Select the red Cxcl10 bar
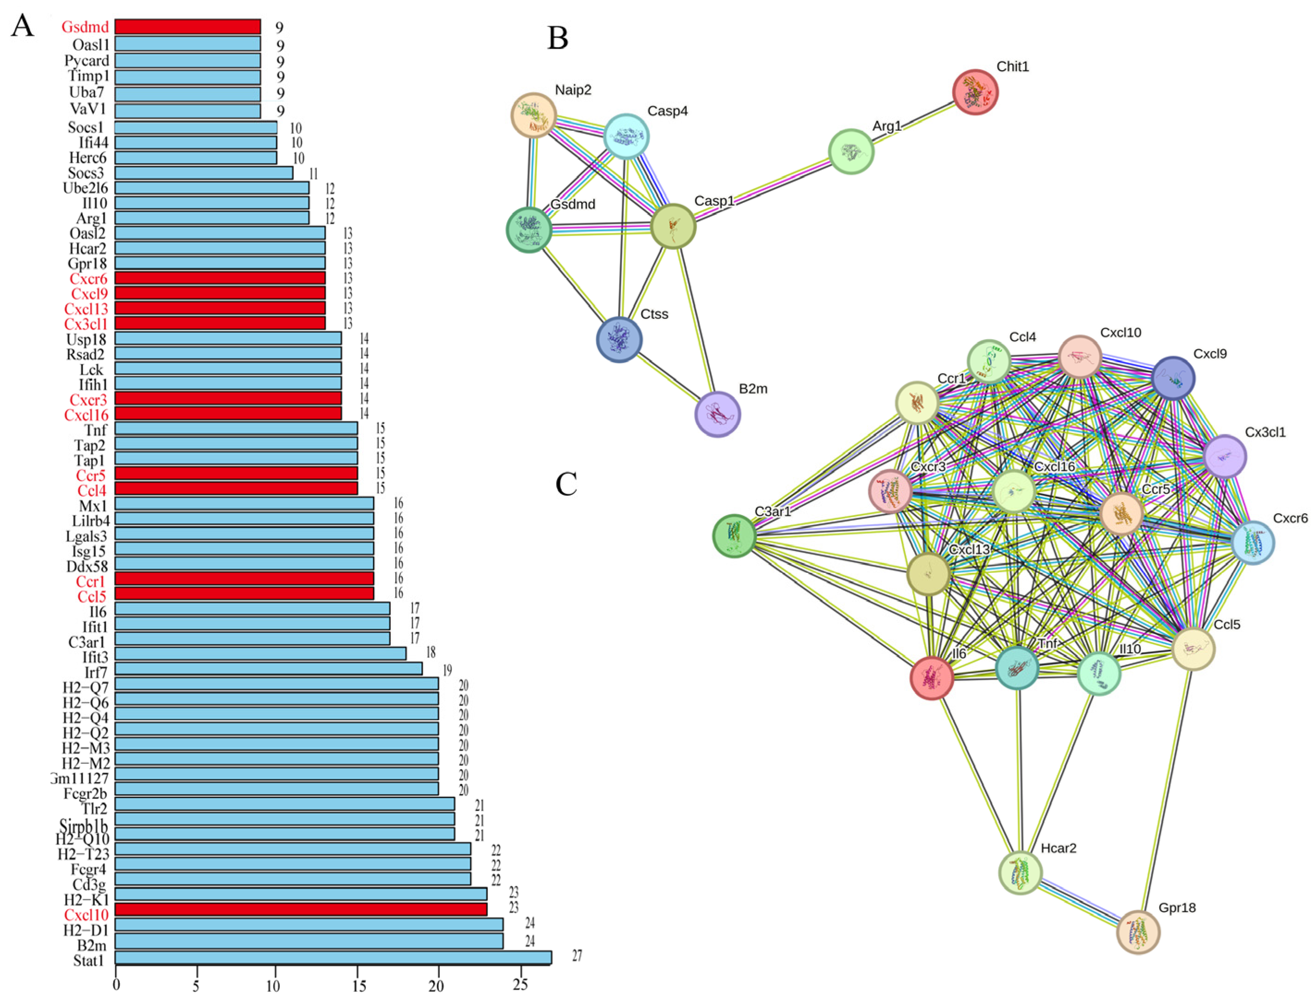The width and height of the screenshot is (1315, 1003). pyautogui.click(x=300, y=909)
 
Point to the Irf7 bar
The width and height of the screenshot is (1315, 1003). pyautogui.click(x=268, y=669)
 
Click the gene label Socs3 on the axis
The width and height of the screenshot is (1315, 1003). pyautogui.click(x=86, y=173)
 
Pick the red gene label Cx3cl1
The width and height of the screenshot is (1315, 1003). pyautogui.click(x=86, y=323)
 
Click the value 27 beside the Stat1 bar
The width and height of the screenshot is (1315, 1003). pyautogui.click(x=577, y=956)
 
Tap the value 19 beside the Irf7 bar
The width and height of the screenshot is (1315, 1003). pyautogui.click(x=447, y=670)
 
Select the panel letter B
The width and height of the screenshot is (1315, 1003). pyautogui.click(x=558, y=38)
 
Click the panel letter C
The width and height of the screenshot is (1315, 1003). pyautogui.click(x=566, y=484)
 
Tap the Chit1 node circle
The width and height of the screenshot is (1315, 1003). pyautogui.click(x=975, y=92)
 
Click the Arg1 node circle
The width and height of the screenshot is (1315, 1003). pyautogui.click(x=851, y=152)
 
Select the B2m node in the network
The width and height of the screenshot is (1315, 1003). pyautogui.click(x=718, y=414)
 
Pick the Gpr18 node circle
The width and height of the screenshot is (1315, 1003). pyautogui.click(x=1138, y=932)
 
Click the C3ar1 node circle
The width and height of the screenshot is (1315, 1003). pyautogui.click(x=734, y=536)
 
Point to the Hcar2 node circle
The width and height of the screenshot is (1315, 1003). pyautogui.click(x=1021, y=873)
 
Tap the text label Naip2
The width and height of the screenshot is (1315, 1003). pyautogui.click(x=573, y=90)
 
